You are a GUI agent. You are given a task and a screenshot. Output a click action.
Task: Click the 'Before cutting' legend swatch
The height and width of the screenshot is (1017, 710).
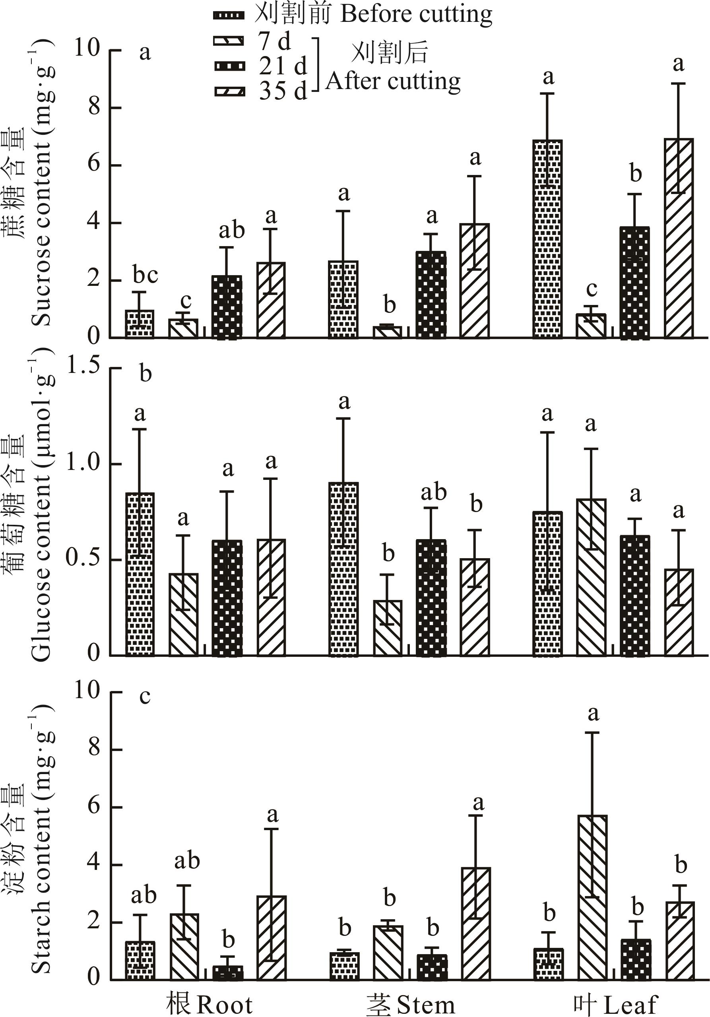tap(229, 16)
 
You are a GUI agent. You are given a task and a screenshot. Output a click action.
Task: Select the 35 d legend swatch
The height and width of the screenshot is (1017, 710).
tap(229, 92)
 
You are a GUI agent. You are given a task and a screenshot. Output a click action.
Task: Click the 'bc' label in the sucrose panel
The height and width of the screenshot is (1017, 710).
tap(145, 275)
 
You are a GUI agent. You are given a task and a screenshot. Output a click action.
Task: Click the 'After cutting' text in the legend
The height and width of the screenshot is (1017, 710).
tap(393, 82)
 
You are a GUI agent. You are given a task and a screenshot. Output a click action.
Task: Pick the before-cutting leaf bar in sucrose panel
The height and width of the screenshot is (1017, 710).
tap(547, 239)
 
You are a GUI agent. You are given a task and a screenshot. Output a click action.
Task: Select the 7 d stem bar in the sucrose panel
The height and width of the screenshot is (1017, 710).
tap(388, 332)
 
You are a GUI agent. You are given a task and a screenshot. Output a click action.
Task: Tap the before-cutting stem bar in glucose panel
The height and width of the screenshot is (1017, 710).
tap(344, 569)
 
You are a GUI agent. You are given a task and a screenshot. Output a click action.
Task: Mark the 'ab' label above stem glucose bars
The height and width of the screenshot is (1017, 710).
tap(434, 493)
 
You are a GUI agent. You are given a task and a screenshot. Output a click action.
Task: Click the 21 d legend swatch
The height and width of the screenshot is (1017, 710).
tap(229, 66)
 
